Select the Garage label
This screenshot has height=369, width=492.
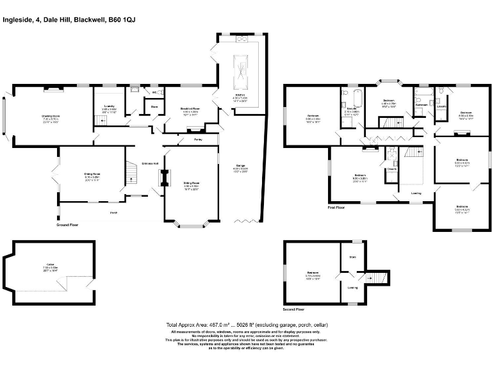240,169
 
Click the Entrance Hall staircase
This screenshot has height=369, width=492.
131,172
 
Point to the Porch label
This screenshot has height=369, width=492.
113,213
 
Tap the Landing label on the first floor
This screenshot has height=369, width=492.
416,192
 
